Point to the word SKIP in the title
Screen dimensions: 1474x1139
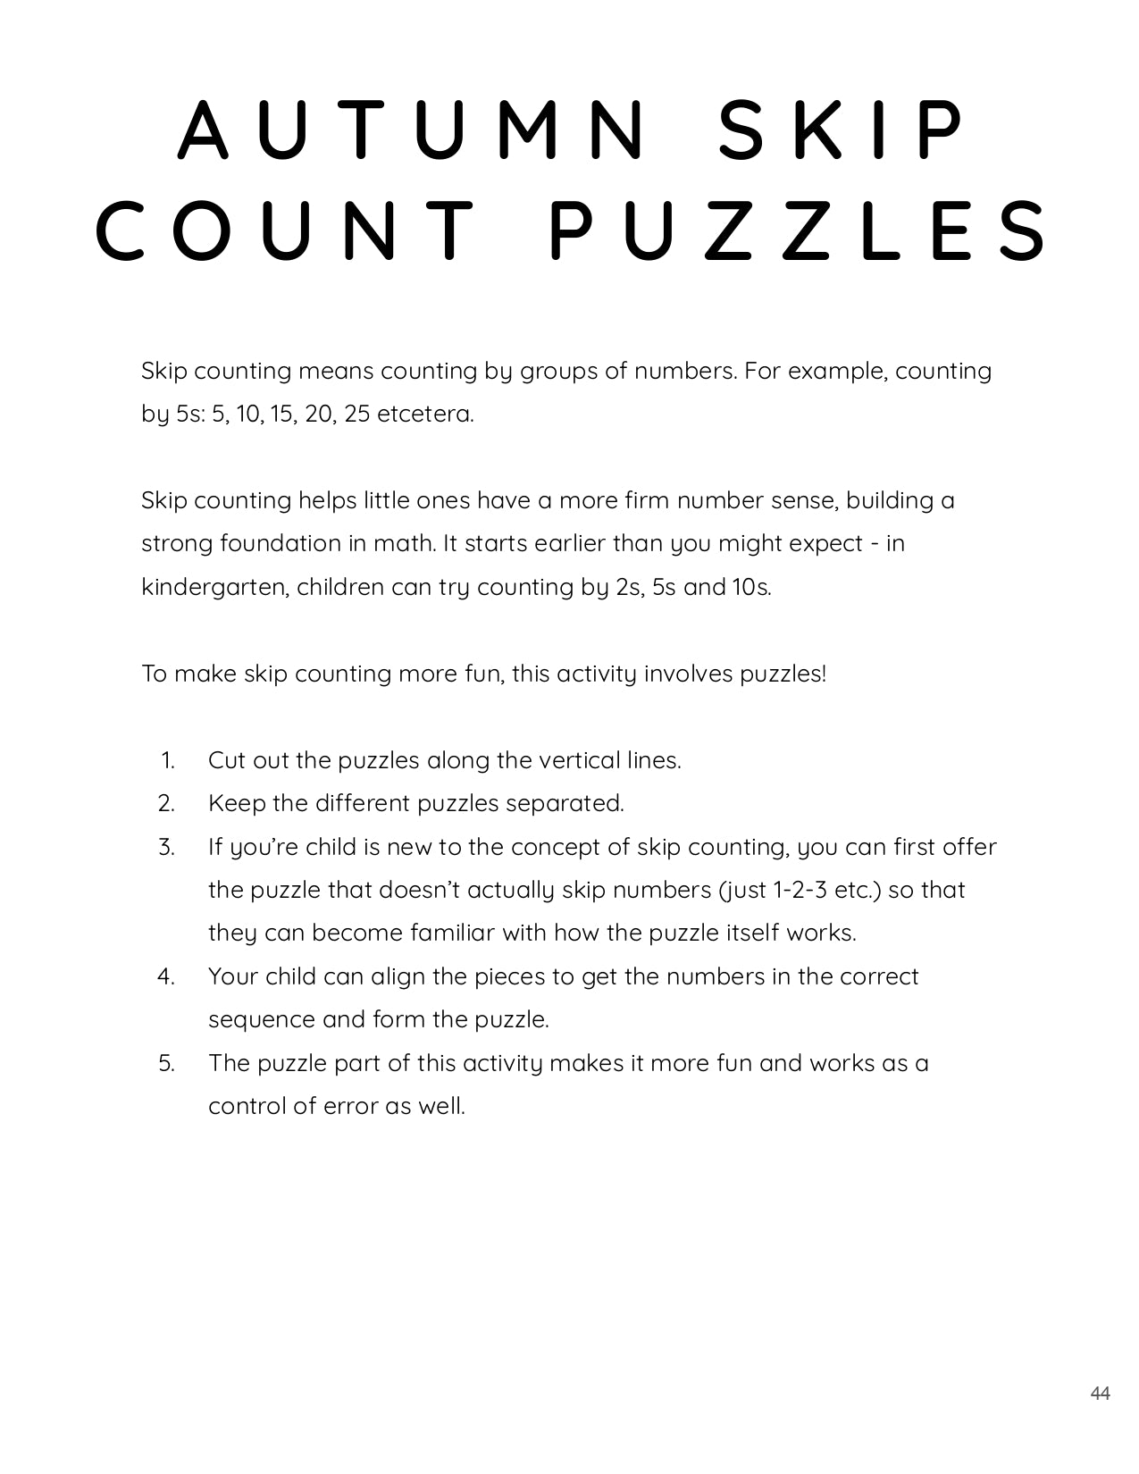point(842,130)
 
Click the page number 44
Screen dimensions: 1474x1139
point(1100,1394)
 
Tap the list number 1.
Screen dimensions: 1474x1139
point(168,760)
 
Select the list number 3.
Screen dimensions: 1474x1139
point(166,847)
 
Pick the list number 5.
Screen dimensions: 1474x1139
point(166,1063)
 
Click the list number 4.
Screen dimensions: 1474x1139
point(166,976)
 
